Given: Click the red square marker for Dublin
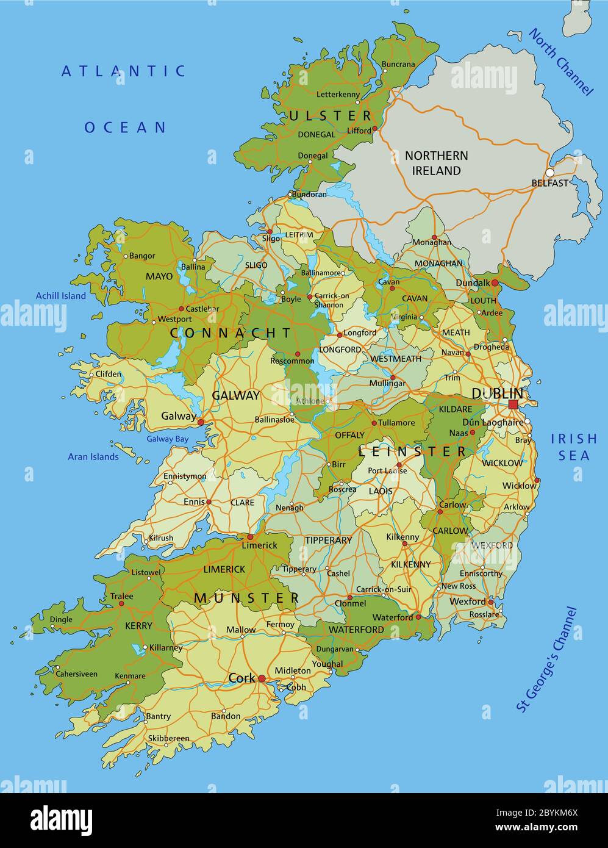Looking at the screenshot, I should click(x=513, y=404).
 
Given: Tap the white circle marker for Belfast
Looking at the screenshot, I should click(x=549, y=173).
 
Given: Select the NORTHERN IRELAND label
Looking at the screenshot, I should click(x=437, y=163).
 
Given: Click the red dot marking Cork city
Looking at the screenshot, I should click(x=262, y=678).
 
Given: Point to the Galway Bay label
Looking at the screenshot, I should click(x=167, y=439).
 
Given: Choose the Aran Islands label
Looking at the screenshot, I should click(x=93, y=456).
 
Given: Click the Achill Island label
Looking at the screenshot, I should click(x=60, y=296).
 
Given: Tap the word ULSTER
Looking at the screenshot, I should click(x=330, y=115).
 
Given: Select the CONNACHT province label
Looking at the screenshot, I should click(x=231, y=333).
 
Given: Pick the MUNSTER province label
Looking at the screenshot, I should click(x=246, y=598).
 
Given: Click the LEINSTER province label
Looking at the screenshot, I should click(x=412, y=451).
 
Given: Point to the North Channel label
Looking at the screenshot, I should click(x=560, y=62).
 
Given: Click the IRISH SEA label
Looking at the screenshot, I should click(x=574, y=447).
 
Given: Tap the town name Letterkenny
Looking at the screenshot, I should click(x=338, y=94).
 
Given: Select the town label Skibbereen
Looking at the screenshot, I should click(x=168, y=738).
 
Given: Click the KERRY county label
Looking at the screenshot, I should click(x=138, y=626).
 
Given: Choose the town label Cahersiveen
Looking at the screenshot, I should click(x=76, y=674).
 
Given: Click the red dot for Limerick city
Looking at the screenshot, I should click(x=249, y=537).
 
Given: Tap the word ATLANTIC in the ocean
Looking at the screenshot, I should click(x=123, y=71).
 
